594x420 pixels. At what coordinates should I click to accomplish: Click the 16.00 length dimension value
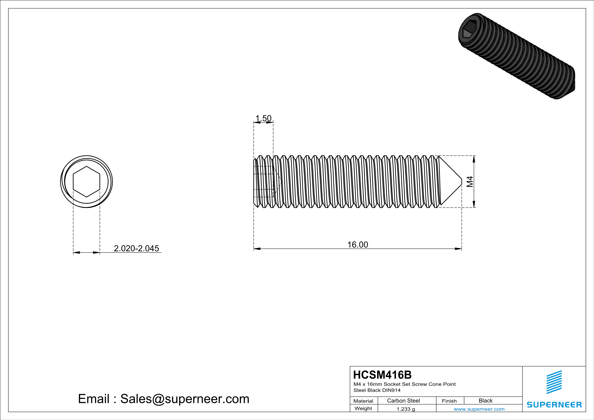(x=358, y=245)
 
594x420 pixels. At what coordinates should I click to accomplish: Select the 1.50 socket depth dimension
(x=263, y=118)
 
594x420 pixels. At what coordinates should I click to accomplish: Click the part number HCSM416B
(x=382, y=375)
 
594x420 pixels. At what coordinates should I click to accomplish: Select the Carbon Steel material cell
(x=403, y=401)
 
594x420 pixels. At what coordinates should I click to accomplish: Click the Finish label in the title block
(x=449, y=401)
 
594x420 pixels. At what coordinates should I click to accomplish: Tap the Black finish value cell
(x=485, y=401)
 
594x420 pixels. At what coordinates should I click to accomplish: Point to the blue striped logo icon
(x=554, y=382)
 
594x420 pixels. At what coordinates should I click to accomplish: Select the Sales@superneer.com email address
(x=184, y=399)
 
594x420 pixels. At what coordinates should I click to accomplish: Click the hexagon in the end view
(x=86, y=182)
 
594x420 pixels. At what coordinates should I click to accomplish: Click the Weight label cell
(x=363, y=408)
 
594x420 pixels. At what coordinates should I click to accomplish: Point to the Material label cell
(x=363, y=401)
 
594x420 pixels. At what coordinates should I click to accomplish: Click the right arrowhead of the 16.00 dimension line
(x=458, y=249)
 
